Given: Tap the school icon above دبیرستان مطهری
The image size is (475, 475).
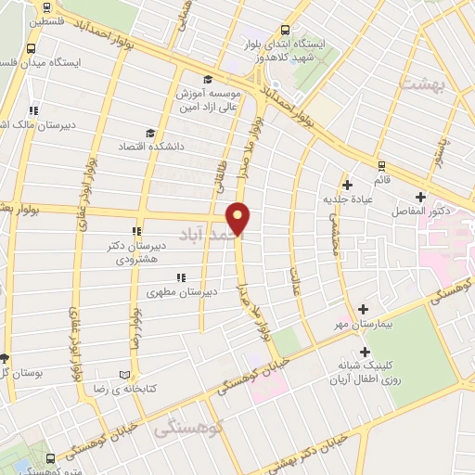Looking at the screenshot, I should coord(181,277).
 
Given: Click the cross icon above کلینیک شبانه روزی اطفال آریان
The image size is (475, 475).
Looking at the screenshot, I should coord(366,352).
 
